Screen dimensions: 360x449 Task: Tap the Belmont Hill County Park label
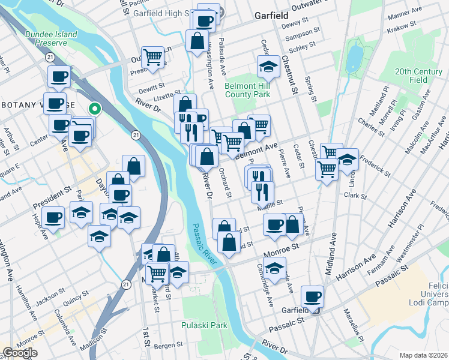tap(247, 90)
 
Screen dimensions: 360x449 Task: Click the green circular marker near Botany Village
tap(94, 109)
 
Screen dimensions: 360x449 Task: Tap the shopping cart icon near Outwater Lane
tap(153, 57)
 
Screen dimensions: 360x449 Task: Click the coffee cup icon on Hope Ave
tap(53, 218)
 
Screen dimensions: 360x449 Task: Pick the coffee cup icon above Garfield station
tap(313, 296)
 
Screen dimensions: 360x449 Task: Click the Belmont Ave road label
tap(256, 150)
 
